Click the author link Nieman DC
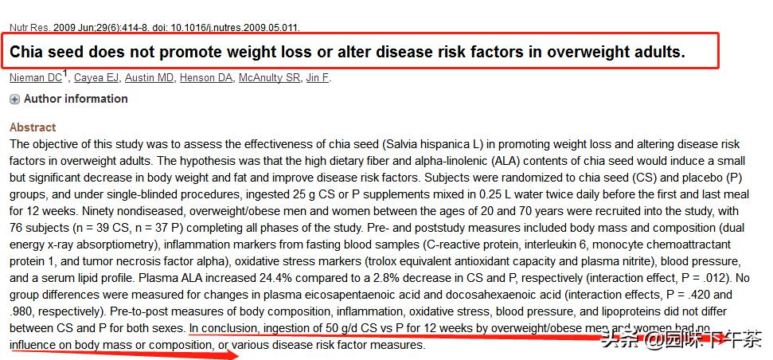(35, 78)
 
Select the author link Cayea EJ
(97, 78)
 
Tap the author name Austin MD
(150, 78)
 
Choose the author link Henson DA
(206, 78)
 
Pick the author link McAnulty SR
(270, 78)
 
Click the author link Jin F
(318, 78)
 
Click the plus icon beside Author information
(14, 100)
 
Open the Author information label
(76, 99)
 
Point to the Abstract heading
(33, 127)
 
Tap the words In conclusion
(224, 328)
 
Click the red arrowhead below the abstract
(230, 354)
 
